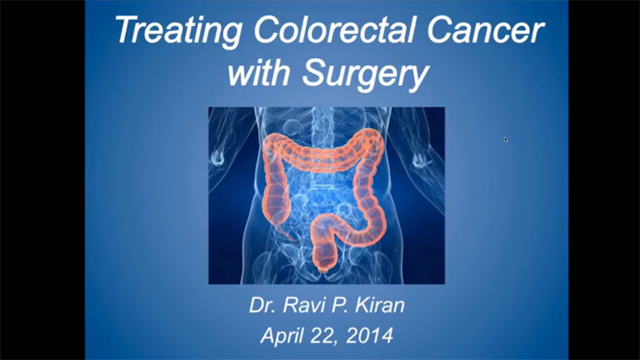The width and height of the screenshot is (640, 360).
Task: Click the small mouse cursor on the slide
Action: click(506, 139)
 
